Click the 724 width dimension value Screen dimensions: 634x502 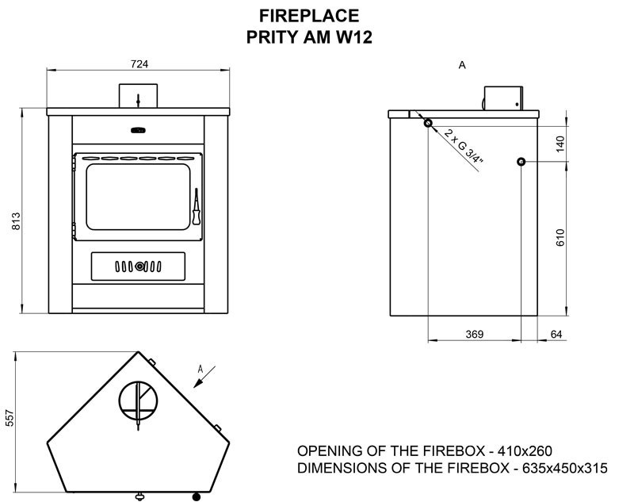(x=139, y=64)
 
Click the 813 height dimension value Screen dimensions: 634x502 (x=16, y=220)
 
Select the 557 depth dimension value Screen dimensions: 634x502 (x=10, y=418)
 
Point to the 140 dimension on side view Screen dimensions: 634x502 (x=560, y=144)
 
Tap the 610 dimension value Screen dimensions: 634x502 (x=560, y=237)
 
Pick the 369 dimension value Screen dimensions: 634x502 (x=474, y=334)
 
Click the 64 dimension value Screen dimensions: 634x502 (x=556, y=334)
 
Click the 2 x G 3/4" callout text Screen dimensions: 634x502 (x=464, y=146)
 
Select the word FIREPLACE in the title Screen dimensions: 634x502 (x=309, y=16)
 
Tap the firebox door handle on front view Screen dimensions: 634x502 (x=197, y=206)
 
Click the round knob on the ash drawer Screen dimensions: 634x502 (x=139, y=266)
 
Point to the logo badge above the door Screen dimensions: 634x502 (x=138, y=130)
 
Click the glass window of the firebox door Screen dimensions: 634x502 (x=138, y=197)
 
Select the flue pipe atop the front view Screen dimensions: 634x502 (x=138, y=96)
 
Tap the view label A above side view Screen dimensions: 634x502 (x=462, y=65)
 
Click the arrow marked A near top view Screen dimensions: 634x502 (x=204, y=377)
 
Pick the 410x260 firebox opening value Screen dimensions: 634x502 (x=525, y=450)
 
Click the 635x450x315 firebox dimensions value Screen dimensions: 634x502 (x=565, y=468)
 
